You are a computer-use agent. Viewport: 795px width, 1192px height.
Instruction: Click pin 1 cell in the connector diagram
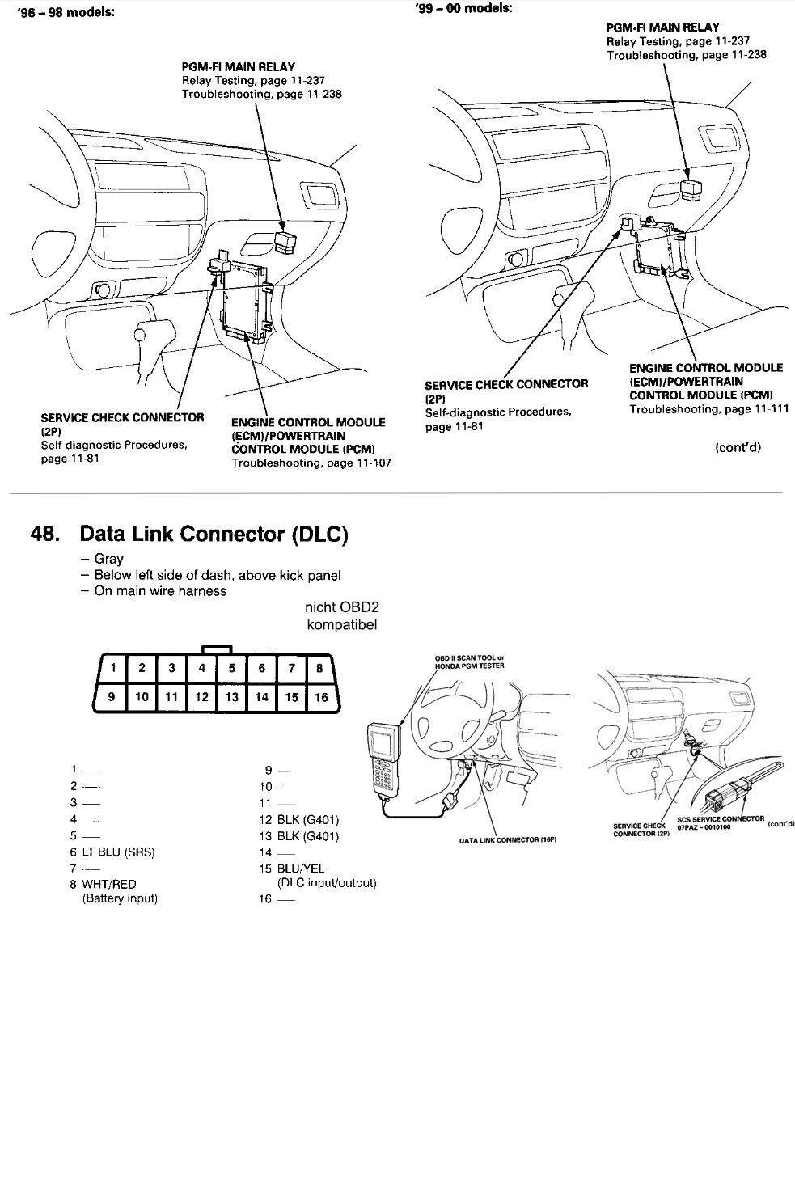coord(113,667)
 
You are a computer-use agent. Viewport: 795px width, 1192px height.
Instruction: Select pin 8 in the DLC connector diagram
coord(320,667)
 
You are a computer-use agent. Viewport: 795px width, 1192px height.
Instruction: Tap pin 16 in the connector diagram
coord(321,696)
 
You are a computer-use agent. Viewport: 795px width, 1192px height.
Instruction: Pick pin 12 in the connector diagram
coord(202,696)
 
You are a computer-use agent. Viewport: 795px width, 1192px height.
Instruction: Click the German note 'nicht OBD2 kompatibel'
coord(341,616)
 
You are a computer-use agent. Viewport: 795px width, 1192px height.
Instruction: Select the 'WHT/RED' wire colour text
coord(109,884)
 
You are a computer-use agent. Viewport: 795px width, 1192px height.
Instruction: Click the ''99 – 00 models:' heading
coord(463,8)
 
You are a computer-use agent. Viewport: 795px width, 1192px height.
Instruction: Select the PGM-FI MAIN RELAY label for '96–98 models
coord(239,66)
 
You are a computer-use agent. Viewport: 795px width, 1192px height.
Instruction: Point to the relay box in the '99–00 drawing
coord(692,189)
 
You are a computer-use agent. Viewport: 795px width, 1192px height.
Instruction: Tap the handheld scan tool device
coord(383,755)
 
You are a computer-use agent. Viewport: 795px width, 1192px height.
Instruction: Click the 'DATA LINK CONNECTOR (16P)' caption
coord(508,840)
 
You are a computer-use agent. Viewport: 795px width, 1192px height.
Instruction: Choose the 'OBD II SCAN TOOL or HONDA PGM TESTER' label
coord(469,662)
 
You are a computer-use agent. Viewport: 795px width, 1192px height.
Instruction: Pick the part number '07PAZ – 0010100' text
coord(704,826)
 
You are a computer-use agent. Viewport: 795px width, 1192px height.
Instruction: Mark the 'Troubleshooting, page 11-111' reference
coord(709,409)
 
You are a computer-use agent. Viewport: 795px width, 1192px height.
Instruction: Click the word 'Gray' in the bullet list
coord(109,559)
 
